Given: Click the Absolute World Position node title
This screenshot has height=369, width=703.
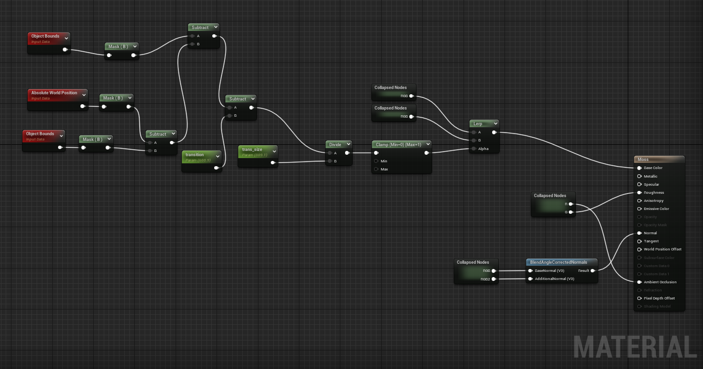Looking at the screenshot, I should [54, 93].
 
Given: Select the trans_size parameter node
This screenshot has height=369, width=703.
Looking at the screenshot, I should [252, 150].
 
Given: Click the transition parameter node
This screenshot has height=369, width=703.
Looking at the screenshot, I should [195, 155].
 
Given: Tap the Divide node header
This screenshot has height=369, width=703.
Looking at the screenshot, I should [335, 144].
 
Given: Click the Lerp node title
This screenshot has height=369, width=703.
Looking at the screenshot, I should [477, 124].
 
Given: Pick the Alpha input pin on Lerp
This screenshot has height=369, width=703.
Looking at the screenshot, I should [474, 149].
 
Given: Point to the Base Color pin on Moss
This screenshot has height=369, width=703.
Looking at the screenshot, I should [639, 168].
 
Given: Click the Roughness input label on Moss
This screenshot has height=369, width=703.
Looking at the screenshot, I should [653, 193].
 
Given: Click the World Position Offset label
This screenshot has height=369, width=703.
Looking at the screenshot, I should [662, 249].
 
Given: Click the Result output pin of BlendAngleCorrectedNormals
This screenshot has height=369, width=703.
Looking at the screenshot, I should [593, 270].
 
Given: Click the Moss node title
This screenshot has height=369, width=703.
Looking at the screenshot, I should [643, 160].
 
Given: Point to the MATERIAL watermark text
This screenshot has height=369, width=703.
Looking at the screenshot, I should [635, 347].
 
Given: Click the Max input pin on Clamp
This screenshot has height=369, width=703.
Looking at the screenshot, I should [376, 169].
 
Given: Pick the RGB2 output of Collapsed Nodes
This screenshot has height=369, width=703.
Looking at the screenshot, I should [494, 279].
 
